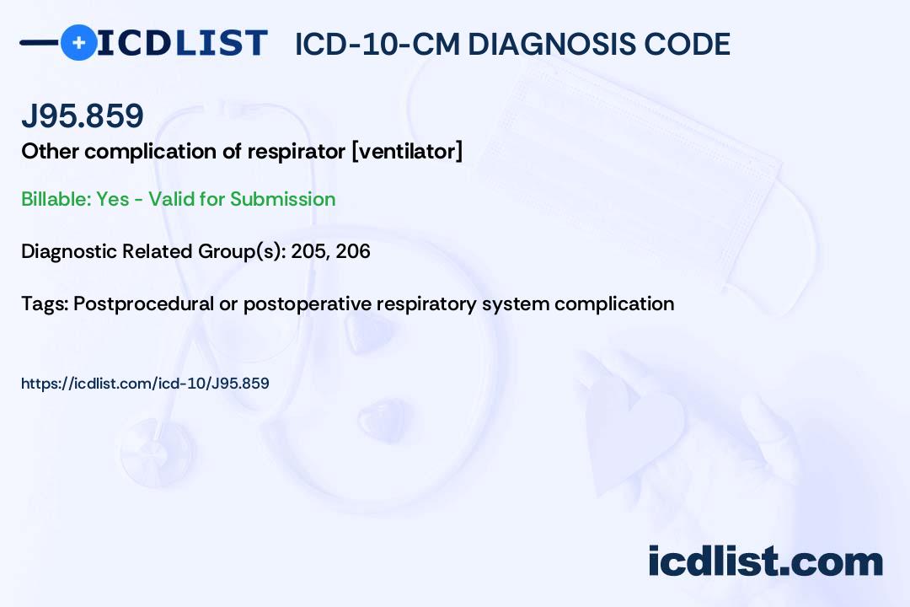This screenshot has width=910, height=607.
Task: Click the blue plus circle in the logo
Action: [78, 42]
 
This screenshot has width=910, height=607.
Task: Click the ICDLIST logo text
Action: [182, 42]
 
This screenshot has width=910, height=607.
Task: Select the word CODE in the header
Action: [679, 44]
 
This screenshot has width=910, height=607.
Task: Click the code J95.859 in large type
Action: [83, 115]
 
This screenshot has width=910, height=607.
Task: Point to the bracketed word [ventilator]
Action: [408, 152]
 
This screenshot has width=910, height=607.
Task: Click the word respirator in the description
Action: [297, 152]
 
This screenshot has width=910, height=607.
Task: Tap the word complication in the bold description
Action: [151, 152]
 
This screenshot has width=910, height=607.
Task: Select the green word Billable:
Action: [56, 199]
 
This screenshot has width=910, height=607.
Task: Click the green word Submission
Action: [282, 199]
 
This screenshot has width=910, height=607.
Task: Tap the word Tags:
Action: [45, 303]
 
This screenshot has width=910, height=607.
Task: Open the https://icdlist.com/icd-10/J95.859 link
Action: [145, 384]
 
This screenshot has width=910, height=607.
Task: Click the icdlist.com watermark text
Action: [765, 561]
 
